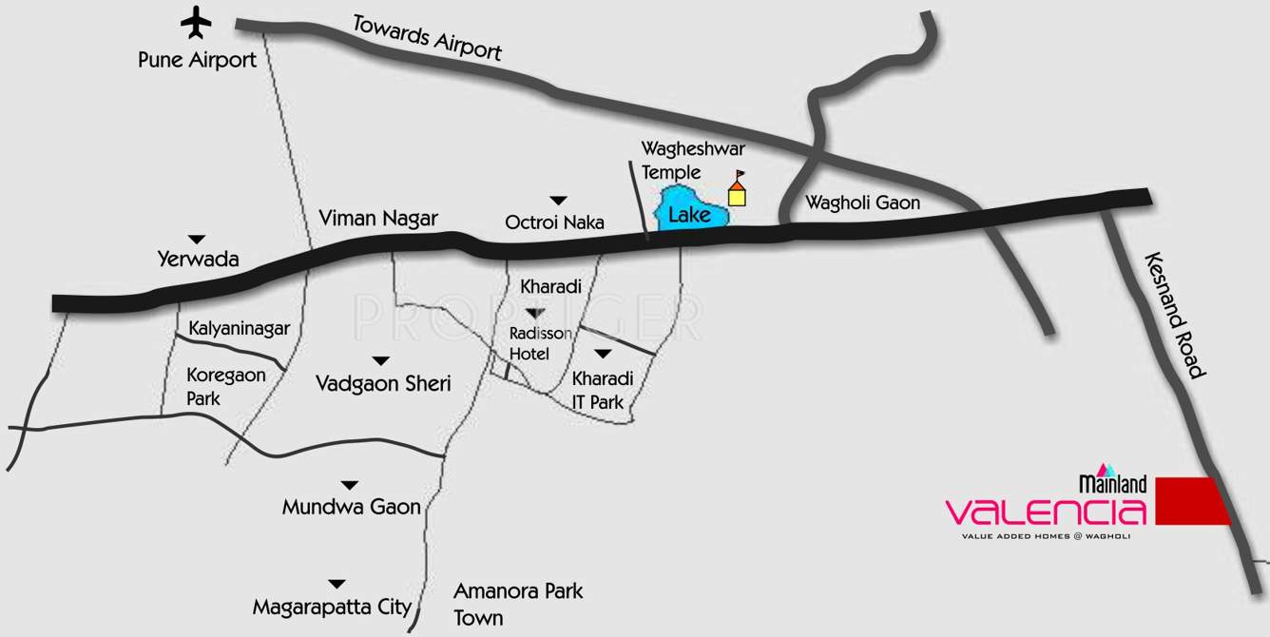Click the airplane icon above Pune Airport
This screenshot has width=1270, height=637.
[x=197, y=22]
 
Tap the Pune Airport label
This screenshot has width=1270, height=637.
[x=197, y=60]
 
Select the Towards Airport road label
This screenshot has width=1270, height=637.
[x=427, y=37]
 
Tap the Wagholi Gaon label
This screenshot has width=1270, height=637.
[x=862, y=203]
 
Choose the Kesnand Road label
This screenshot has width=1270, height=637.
[x=1175, y=315]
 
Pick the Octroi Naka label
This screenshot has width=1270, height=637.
[x=555, y=222]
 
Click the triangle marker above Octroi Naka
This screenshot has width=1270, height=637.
[x=558, y=200]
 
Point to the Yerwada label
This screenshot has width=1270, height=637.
[x=199, y=259]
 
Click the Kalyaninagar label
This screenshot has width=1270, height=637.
[x=239, y=329]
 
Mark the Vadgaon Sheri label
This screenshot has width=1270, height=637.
[x=383, y=383]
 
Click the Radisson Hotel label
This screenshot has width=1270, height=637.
[x=541, y=342]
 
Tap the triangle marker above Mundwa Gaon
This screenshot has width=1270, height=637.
[x=351, y=485]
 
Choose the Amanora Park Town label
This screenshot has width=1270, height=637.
[x=517, y=604]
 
